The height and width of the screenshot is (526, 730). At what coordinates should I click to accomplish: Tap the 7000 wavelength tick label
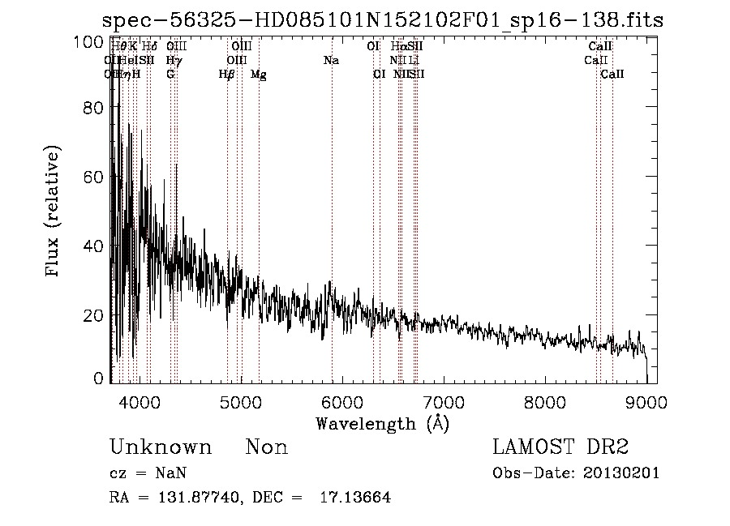click(444, 401)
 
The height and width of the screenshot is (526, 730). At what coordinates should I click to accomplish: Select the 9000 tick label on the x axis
click(646, 401)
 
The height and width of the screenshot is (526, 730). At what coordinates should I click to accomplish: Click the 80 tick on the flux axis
click(96, 108)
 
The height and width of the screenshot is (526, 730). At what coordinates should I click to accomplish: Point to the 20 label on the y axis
click(96, 315)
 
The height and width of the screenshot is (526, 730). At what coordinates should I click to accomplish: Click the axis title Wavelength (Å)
click(382, 423)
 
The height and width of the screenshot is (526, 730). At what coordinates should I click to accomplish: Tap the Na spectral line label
click(331, 61)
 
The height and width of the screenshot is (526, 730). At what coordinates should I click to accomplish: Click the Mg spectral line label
click(259, 75)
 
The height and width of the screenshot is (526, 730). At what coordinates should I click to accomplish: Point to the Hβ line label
click(227, 75)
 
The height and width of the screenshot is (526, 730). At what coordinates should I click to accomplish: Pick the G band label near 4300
click(170, 75)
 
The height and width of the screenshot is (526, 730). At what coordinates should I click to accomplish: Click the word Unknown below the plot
click(161, 448)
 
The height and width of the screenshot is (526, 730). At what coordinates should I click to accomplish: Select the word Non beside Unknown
click(267, 448)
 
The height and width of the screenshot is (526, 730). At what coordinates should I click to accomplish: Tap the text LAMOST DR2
click(560, 447)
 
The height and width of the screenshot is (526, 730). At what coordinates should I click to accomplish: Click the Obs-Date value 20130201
click(622, 473)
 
